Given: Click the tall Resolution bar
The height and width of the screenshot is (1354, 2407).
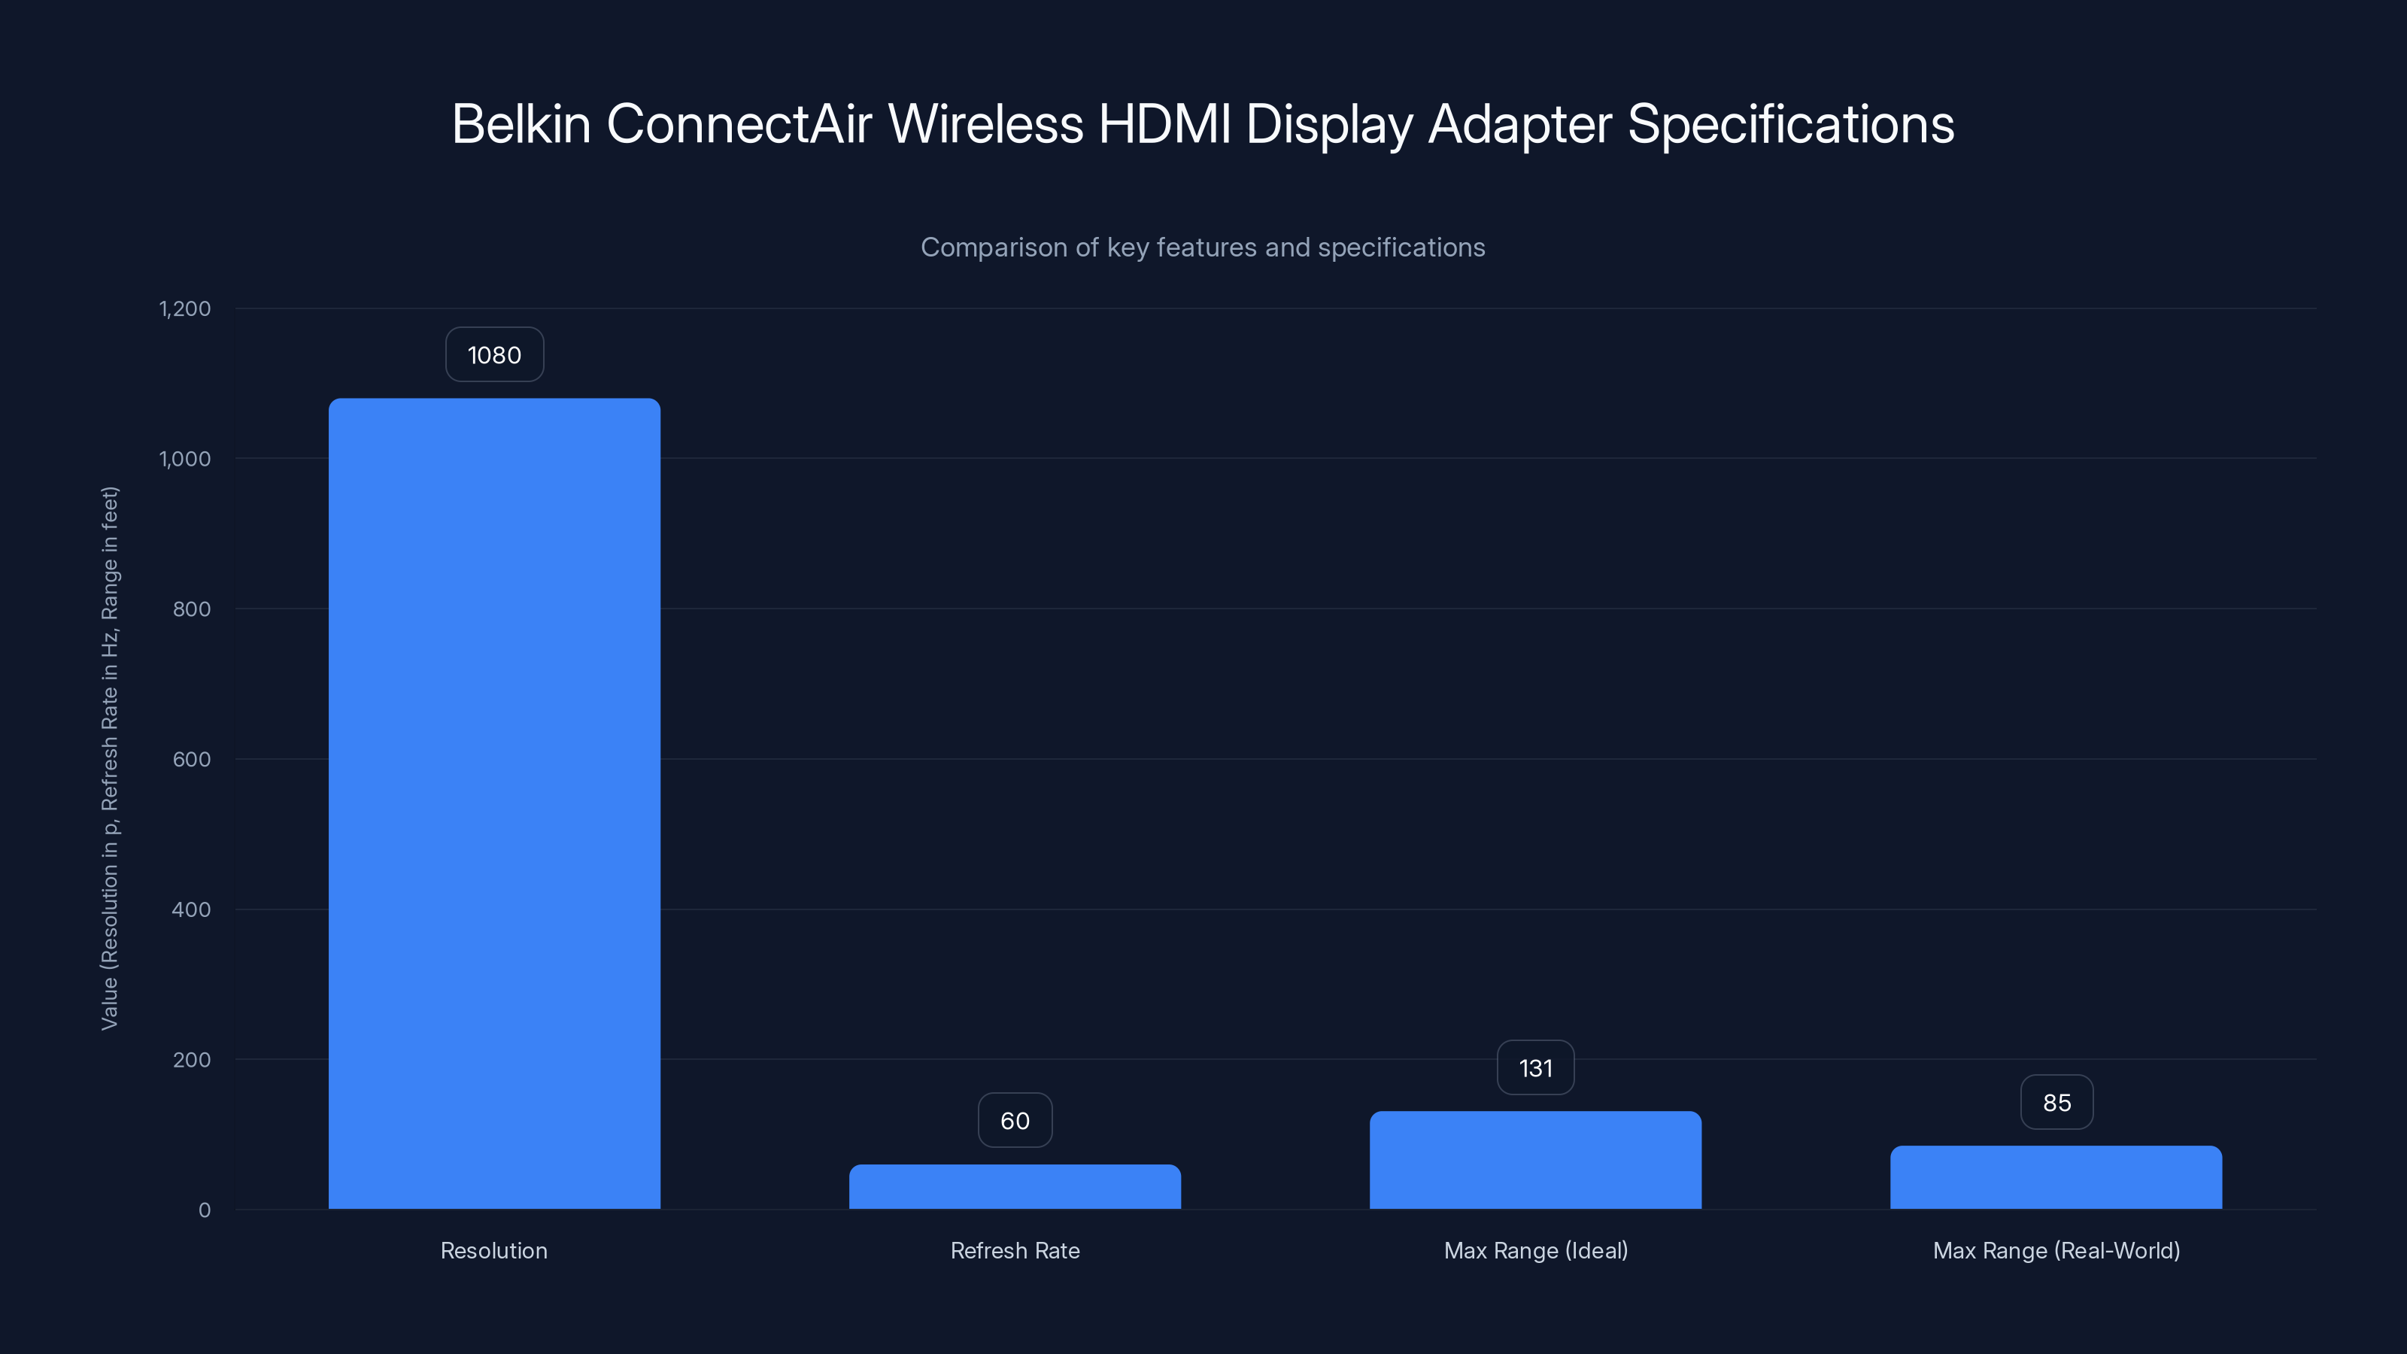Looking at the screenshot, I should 494,803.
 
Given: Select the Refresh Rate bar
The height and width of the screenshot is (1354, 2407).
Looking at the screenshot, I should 1015,1187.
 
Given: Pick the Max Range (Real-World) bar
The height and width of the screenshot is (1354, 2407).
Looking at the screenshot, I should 2056,1177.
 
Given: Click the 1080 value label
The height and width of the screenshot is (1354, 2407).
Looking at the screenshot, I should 494,355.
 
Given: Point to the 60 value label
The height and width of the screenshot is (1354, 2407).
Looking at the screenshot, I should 1015,1120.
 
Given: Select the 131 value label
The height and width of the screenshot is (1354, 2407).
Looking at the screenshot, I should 1535,1068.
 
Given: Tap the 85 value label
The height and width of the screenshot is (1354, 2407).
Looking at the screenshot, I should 2056,1103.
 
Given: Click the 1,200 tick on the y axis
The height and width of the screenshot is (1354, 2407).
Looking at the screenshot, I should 185,309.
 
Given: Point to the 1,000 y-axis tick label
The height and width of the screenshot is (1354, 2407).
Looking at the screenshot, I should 185,459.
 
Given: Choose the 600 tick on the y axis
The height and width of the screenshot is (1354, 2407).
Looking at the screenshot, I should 192,760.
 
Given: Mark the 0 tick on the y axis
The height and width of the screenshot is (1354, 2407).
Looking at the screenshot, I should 205,1210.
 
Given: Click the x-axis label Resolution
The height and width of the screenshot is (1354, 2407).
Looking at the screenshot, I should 494,1250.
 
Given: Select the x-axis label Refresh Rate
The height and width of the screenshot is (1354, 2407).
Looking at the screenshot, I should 1015,1250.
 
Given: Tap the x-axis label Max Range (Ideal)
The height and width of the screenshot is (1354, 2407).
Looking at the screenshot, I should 1535,1250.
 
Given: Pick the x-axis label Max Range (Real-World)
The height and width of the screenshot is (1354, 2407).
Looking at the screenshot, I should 2056,1250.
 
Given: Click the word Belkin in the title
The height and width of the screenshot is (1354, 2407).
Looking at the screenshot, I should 521,124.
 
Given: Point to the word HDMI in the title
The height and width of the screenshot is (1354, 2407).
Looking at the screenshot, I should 1164,124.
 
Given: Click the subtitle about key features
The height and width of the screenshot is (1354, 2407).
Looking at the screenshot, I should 1203,247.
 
